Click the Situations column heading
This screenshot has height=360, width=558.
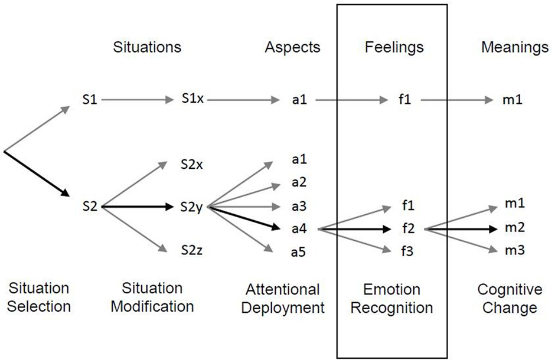point(147,48)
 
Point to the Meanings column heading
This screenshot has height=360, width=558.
point(515,48)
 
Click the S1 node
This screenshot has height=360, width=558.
point(90,100)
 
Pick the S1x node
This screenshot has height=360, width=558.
point(192,100)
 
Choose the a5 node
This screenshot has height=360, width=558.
point(299,253)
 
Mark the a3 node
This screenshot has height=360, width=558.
point(299,207)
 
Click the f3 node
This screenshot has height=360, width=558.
point(406,251)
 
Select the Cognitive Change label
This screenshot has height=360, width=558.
point(509,299)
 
